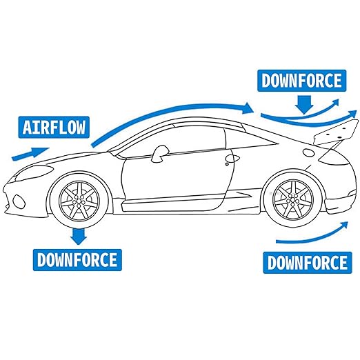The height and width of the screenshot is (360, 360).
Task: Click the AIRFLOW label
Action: [54, 127]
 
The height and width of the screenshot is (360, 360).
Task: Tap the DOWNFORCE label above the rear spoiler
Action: [301, 81]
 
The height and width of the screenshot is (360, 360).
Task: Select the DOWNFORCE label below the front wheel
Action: [77, 260]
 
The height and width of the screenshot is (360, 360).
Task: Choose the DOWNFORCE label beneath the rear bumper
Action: [308, 263]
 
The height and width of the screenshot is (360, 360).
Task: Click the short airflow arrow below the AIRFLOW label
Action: [30, 153]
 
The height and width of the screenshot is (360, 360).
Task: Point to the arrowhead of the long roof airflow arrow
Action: [248, 108]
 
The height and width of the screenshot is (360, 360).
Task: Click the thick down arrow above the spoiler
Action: [304, 105]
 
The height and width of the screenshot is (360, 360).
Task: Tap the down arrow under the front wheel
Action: [79, 236]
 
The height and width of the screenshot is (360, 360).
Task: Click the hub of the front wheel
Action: [79, 200]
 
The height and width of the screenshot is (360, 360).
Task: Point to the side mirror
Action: [160, 153]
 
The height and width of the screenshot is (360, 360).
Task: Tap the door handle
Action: [232, 159]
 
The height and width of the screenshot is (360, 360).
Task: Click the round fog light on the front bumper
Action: [19, 201]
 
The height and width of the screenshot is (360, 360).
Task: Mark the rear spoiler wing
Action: [336, 132]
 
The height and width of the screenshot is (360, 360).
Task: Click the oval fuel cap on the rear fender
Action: [308, 152]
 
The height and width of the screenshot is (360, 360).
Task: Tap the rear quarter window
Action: [248, 140]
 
